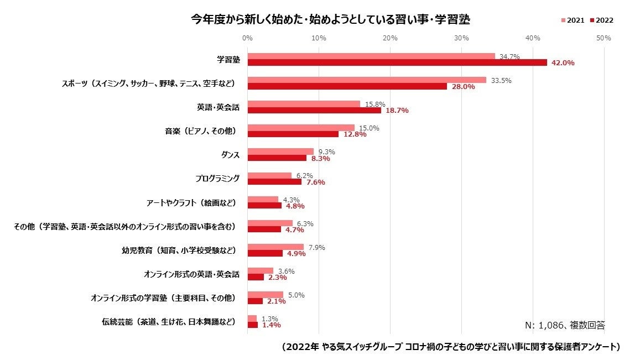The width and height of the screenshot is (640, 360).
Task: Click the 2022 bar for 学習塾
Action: point(397,62)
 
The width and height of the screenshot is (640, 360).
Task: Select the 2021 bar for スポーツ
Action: point(367,80)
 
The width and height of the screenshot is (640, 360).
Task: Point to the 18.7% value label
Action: point(397,111)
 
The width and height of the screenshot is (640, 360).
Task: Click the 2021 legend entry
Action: point(573,20)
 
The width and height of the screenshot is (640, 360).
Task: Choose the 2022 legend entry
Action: point(601,20)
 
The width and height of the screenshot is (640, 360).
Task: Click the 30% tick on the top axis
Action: point(461,38)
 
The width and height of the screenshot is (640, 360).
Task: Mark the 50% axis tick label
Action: point(603,38)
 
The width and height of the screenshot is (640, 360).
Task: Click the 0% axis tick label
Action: point(247,38)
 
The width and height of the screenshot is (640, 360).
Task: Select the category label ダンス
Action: point(230,155)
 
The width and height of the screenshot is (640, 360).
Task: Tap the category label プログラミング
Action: point(217,179)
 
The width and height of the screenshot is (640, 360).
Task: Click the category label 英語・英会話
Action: point(218,107)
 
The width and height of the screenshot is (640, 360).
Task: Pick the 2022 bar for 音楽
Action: point(293,134)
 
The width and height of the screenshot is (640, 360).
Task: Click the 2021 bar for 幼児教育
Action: point(275,247)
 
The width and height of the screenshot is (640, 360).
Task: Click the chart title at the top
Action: point(330,20)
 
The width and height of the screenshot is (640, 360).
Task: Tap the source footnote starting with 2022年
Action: point(450,347)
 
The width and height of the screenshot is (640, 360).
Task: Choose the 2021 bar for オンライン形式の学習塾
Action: point(265,295)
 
